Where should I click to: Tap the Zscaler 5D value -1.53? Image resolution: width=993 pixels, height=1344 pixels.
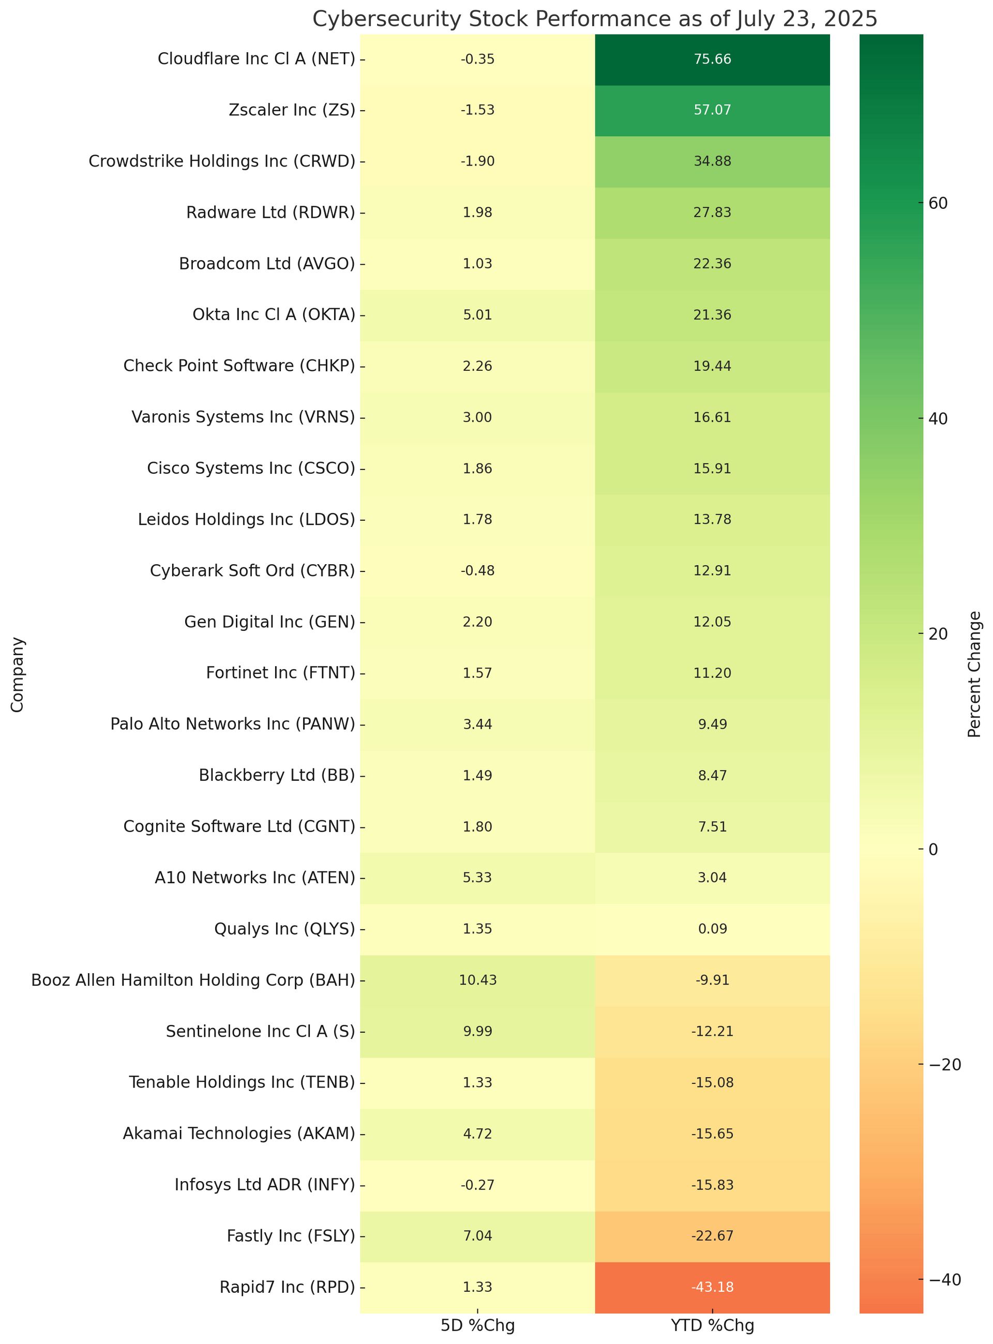point(477,110)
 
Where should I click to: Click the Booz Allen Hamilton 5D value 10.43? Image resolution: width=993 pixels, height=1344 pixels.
point(477,980)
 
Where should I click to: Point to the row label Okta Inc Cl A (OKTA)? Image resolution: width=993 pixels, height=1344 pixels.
point(274,314)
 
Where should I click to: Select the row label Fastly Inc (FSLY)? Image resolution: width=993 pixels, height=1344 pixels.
point(291,1236)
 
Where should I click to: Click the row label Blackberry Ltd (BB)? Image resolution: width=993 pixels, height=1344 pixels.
point(277,775)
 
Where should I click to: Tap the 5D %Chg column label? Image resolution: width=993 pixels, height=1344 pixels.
point(477,1325)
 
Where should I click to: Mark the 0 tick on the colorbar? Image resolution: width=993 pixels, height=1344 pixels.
point(934,849)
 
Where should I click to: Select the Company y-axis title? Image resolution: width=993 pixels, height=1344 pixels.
point(18,674)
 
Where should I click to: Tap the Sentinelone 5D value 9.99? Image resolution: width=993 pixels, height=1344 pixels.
point(477,1032)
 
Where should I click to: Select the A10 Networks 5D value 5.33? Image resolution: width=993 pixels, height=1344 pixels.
point(477,878)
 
